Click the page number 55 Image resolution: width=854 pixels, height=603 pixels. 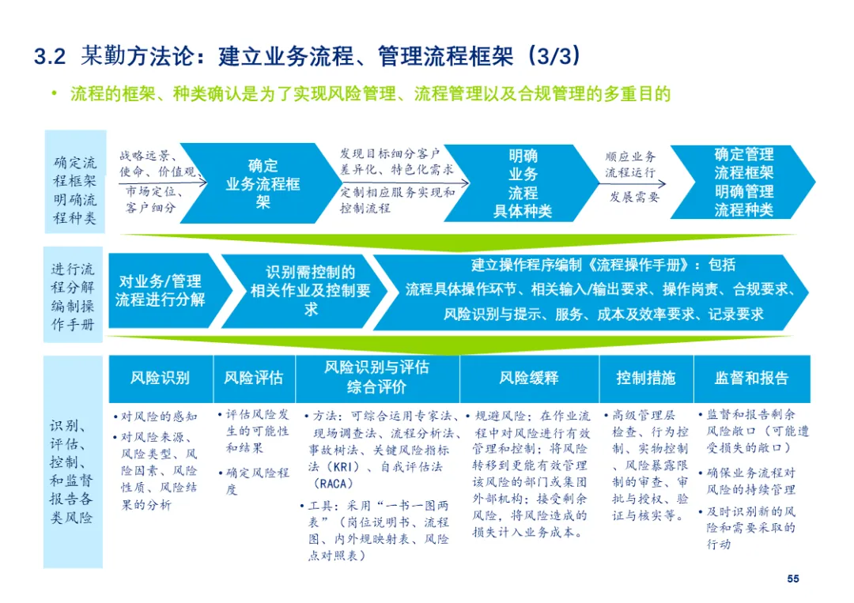pyautogui.click(x=792, y=579)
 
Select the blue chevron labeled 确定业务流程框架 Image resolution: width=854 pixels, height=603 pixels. pyautogui.click(x=263, y=184)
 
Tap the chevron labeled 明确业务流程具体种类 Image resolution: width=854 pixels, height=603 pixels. pyautogui.click(x=522, y=184)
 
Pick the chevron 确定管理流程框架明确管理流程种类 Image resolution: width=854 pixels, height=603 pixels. pyautogui.click(x=743, y=183)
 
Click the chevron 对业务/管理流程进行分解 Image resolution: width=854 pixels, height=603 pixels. pyautogui.click(x=161, y=291)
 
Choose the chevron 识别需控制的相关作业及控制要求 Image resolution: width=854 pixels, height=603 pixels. pyautogui.click(x=311, y=291)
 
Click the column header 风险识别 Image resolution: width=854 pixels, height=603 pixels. pyautogui.click(x=161, y=378)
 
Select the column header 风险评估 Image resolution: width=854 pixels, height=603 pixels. pyautogui.click(x=253, y=378)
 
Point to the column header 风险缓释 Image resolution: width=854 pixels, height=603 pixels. pyautogui.click(x=528, y=378)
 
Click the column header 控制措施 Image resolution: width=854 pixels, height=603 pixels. pyautogui.click(x=645, y=378)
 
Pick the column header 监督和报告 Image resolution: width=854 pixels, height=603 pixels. pyautogui.click(x=751, y=378)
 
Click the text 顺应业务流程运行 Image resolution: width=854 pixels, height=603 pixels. pyautogui.click(x=630, y=164)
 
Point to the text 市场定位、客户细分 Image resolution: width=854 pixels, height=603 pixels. pyautogui.click(x=154, y=200)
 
